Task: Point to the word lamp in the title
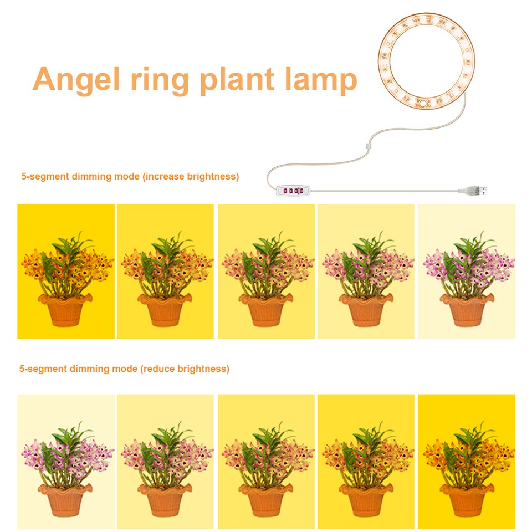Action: (x=318, y=79)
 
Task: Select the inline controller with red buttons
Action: (x=292, y=191)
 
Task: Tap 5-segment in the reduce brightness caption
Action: (x=43, y=369)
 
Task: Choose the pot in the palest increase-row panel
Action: (x=467, y=310)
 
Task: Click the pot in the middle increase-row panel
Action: (x=266, y=310)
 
